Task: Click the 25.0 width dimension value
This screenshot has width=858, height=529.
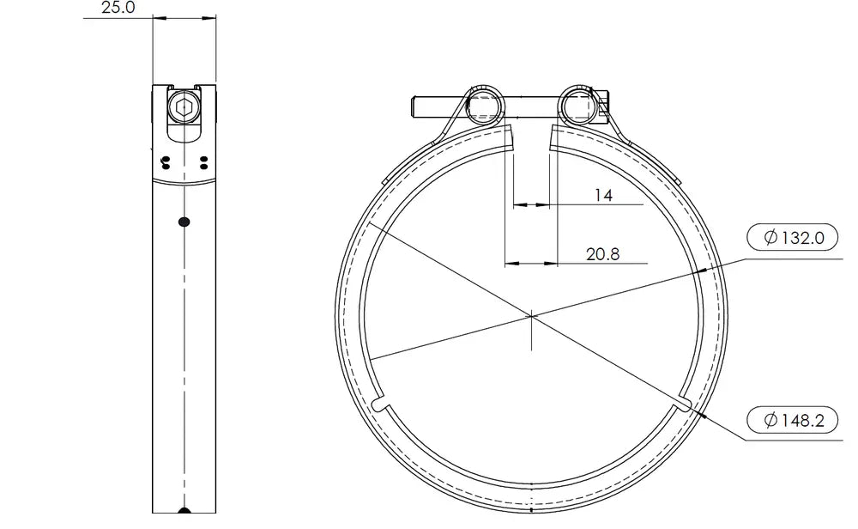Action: tap(118, 8)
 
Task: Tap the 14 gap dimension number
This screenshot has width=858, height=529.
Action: tap(603, 196)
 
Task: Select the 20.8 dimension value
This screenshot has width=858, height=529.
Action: tap(602, 254)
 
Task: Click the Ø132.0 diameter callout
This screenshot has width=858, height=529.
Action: tap(792, 238)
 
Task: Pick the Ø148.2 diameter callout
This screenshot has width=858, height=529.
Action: tap(792, 421)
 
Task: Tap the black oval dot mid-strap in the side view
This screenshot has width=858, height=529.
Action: tap(184, 222)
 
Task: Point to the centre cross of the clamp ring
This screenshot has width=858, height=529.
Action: tap(531, 316)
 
